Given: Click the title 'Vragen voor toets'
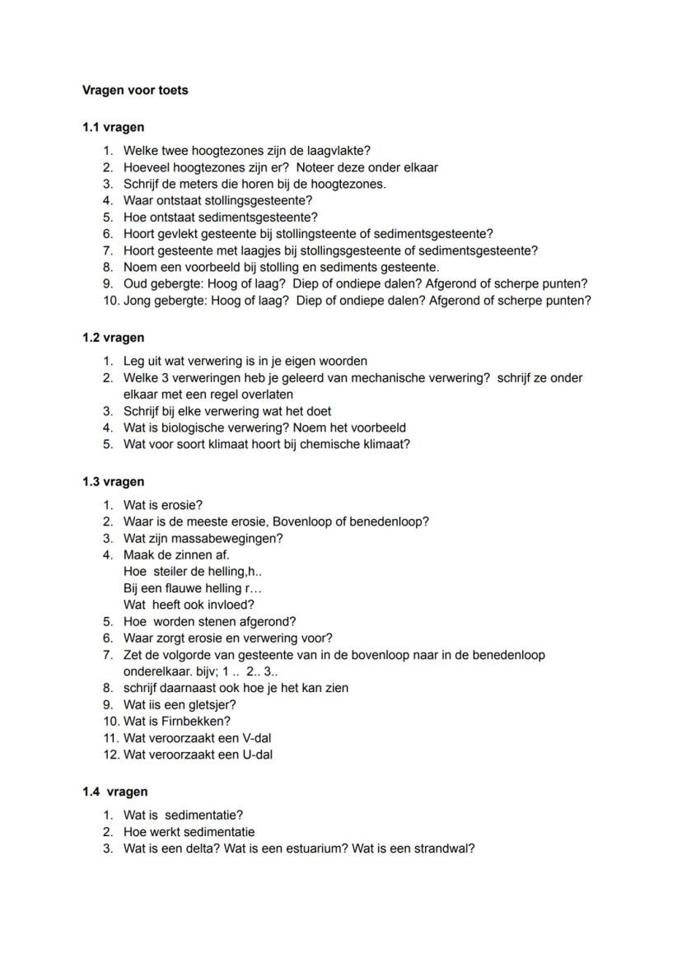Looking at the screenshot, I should pyautogui.click(x=135, y=91).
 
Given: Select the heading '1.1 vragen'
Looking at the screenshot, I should pyautogui.click(x=113, y=128).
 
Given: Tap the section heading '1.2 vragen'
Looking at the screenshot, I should pyautogui.click(x=113, y=338).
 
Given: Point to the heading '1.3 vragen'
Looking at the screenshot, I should pyautogui.click(x=113, y=482).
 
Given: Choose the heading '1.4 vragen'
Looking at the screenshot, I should pyautogui.click(x=114, y=792).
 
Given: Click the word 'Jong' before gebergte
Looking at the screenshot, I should pyautogui.click(x=138, y=301).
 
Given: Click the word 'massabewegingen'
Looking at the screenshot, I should pyautogui.click(x=228, y=539).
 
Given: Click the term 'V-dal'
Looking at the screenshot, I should pyautogui.click(x=255, y=738).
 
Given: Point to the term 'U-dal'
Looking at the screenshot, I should pyautogui.click(x=255, y=755).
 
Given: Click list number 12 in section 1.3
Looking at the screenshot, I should pyautogui.click(x=110, y=755).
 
